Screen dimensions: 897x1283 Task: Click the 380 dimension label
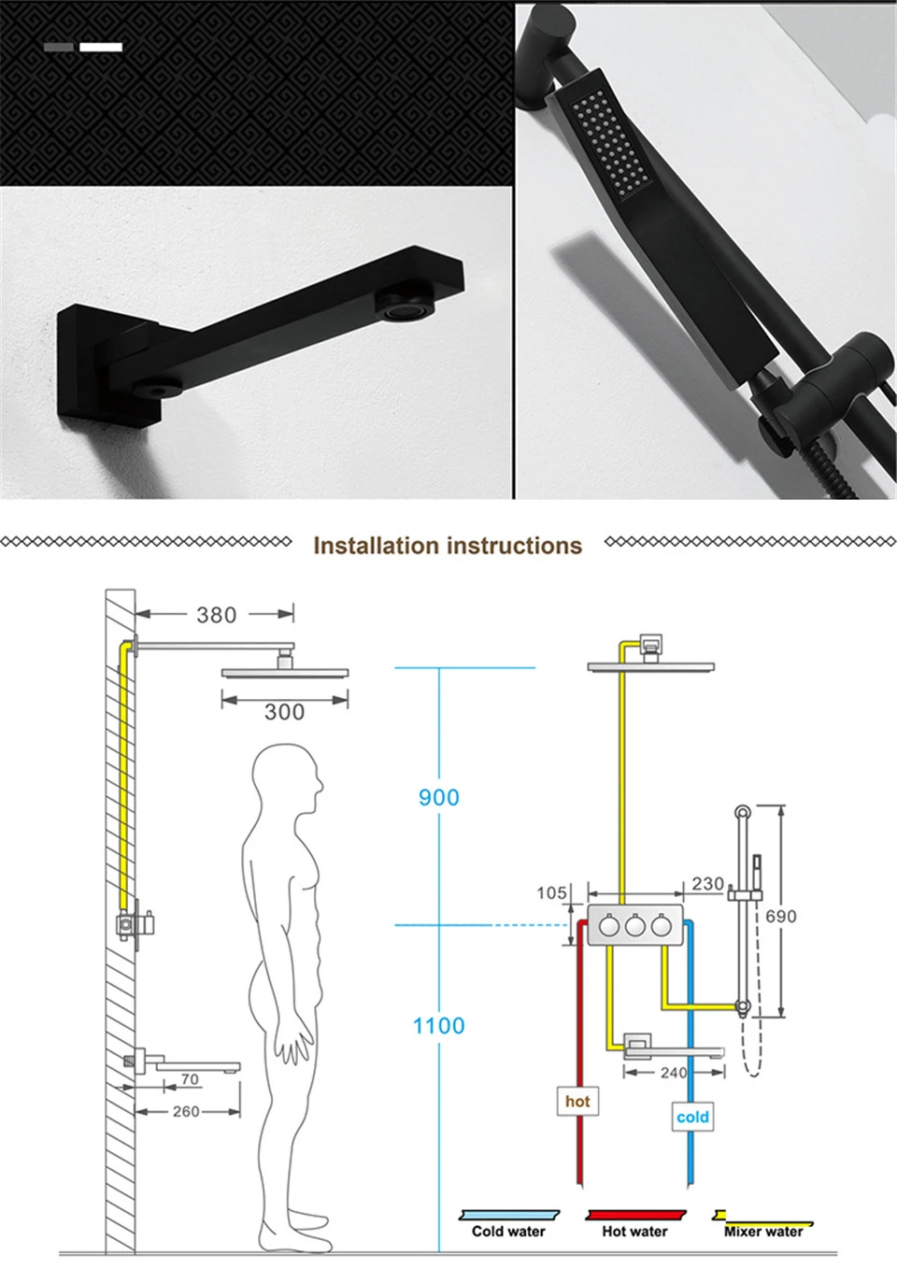pos(217,615)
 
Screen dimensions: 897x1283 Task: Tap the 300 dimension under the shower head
pos(284,712)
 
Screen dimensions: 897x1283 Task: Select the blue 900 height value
pos(439,797)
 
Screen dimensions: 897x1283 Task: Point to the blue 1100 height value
pos(439,1025)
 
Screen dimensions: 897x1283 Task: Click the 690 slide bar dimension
pos(781,917)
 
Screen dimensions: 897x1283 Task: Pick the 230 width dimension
pos(707,884)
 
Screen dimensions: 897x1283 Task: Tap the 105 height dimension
pos(551,893)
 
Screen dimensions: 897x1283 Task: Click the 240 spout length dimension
pos(673,1072)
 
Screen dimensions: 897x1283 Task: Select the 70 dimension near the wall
pos(190,1079)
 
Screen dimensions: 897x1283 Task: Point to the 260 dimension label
pos(186,1111)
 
